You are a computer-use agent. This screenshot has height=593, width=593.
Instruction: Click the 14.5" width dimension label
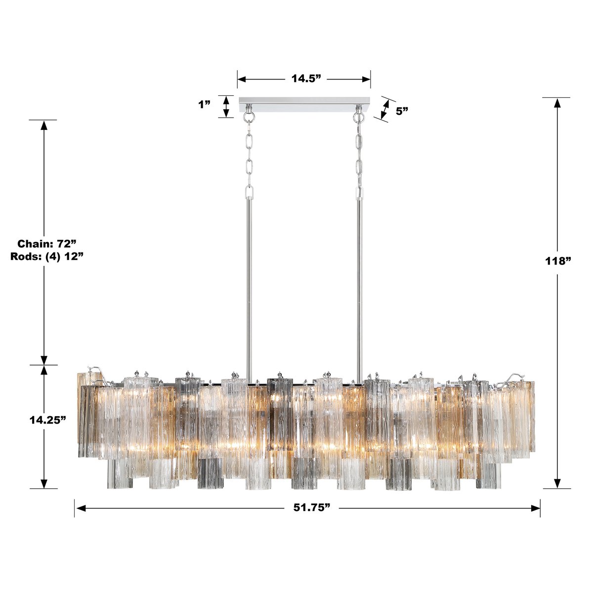coord(306,79)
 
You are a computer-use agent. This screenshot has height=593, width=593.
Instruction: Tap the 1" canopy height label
coord(204,105)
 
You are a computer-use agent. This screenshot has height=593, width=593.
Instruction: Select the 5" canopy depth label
coord(402,111)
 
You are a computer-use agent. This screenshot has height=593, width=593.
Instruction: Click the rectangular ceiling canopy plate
coord(304,104)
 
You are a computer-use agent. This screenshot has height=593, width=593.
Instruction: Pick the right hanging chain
coord(359,158)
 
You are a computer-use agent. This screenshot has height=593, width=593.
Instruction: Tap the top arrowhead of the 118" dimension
coord(558,103)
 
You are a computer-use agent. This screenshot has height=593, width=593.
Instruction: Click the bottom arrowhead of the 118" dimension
coord(558,483)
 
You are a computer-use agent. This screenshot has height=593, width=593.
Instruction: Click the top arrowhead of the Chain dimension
coord(44,125)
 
